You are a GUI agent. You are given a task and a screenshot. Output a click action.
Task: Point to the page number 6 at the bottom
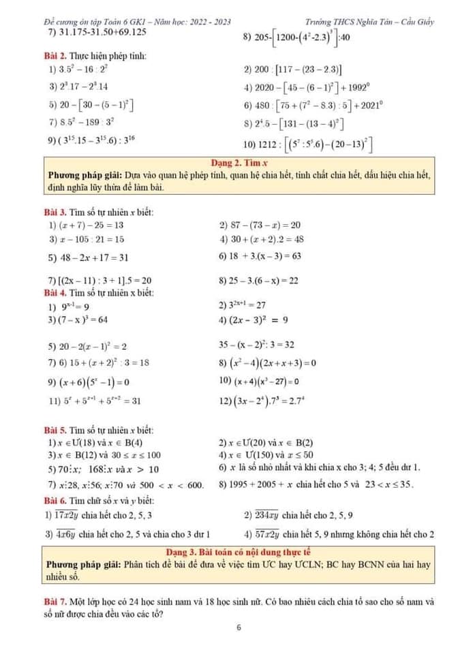[239, 628]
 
